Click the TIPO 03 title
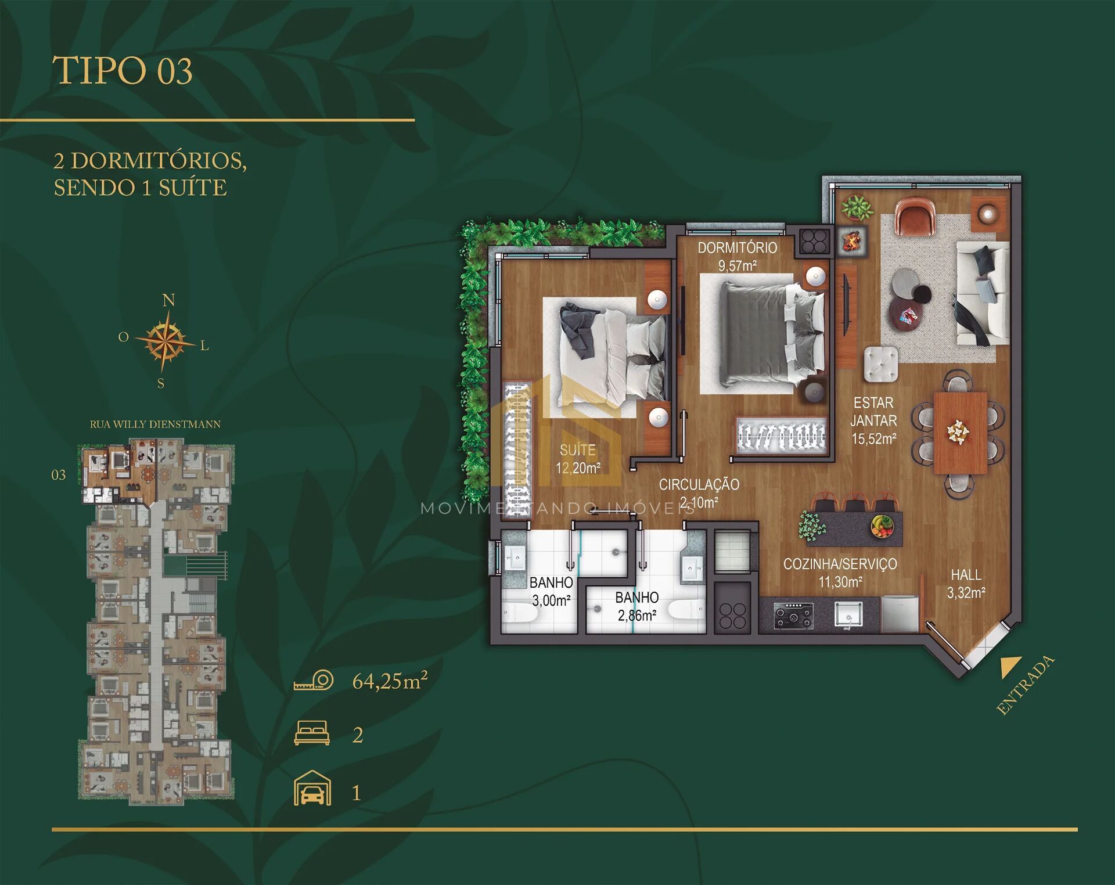123,71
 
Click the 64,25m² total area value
390,680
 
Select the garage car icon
312,788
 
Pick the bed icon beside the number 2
312,733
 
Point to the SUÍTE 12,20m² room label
578,459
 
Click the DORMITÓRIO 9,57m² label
738,257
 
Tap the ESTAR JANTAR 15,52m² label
874,420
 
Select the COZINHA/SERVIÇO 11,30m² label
840,573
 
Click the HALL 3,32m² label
966,584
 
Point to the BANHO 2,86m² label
637,606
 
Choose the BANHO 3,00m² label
551,591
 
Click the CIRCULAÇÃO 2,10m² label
699,493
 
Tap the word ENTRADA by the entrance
1025,685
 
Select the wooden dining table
961,433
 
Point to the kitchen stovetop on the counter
793,616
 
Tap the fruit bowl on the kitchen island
882,526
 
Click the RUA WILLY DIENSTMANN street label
155,424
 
